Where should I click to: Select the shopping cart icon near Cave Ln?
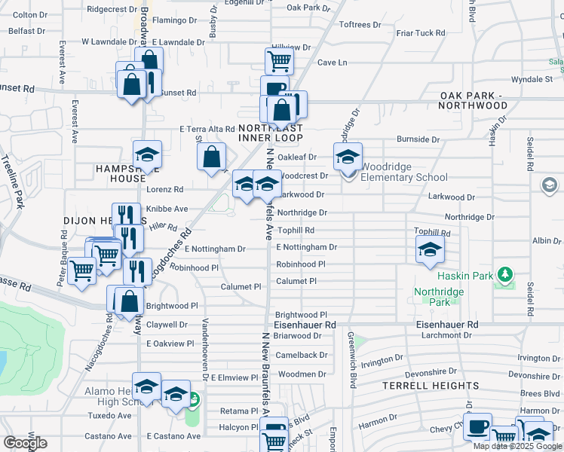tap(279, 61)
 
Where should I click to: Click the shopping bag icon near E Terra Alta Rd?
tap(213, 157)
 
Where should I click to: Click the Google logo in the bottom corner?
tap(25, 443)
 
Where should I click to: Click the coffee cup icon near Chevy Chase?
tap(477, 426)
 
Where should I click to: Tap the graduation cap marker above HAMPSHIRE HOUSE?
tap(148, 154)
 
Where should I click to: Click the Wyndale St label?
tap(532, 79)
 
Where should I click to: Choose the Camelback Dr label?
tap(302, 355)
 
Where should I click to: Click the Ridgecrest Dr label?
tap(112, 9)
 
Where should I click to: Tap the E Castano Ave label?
tap(174, 436)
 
